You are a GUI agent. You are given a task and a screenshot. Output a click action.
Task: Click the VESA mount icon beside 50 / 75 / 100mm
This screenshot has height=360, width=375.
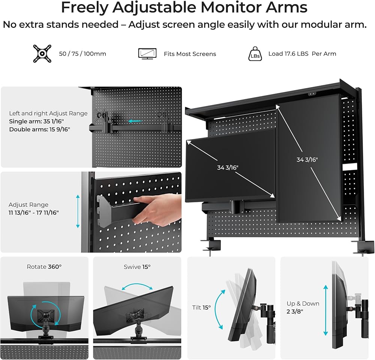[x=42, y=54]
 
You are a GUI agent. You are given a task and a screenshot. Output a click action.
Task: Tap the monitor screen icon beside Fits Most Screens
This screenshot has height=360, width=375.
[x=147, y=54]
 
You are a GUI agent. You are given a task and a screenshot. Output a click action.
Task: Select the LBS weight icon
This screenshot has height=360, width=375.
[x=255, y=54]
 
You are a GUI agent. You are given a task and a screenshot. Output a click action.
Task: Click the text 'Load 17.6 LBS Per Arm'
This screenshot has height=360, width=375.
[x=302, y=54]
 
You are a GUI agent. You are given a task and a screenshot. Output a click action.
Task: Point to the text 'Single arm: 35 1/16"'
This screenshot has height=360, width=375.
[x=36, y=121]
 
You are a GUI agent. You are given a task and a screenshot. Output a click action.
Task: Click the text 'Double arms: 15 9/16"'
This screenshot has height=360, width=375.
[x=39, y=130]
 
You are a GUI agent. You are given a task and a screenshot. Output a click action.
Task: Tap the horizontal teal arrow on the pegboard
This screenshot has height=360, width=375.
[x=135, y=121]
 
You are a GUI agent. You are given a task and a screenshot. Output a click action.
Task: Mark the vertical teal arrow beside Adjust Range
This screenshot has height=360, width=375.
[x=78, y=211]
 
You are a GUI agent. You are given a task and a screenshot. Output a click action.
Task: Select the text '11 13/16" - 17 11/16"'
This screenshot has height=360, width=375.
[x=33, y=212]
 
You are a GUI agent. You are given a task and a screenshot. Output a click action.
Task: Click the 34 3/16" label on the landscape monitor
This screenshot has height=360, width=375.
[x=228, y=167]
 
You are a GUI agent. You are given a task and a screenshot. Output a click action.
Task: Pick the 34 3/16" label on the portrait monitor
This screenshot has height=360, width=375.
[x=307, y=160]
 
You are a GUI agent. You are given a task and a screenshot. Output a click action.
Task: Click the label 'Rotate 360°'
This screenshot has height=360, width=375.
[x=44, y=267]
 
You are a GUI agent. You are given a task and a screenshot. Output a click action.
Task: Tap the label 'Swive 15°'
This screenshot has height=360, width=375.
[x=137, y=267]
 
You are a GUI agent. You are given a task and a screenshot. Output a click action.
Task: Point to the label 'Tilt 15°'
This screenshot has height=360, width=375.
[x=201, y=307]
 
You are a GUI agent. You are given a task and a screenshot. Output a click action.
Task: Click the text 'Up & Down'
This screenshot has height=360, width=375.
[x=303, y=304]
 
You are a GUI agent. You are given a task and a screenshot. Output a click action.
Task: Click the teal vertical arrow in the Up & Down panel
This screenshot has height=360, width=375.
[x=325, y=310]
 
